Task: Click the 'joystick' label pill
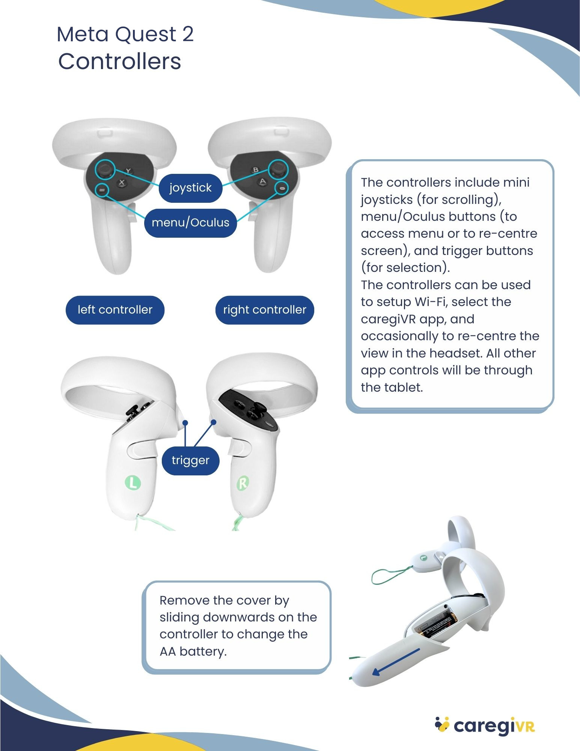click(x=190, y=188)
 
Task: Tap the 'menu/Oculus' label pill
click(x=190, y=223)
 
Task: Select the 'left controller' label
click(x=115, y=310)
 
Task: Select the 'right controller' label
click(x=265, y=310)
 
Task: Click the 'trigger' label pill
click(x=190, y=460)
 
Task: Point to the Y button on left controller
click(x=128, y=171)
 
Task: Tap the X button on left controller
click(x=121, y=183)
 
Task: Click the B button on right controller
click(x=256, y=170)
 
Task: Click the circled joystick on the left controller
click(x=105, y=169)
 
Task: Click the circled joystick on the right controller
click(x=278, y=169)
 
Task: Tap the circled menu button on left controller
click(x=102, y=190)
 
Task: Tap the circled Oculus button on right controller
click(x=282, y=188)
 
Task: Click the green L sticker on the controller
click(x=133, y=483)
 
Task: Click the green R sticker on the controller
click(x=243, y=483)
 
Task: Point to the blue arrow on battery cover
click(x=396, y=662)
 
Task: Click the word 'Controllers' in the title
click(x=120, y=62)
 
